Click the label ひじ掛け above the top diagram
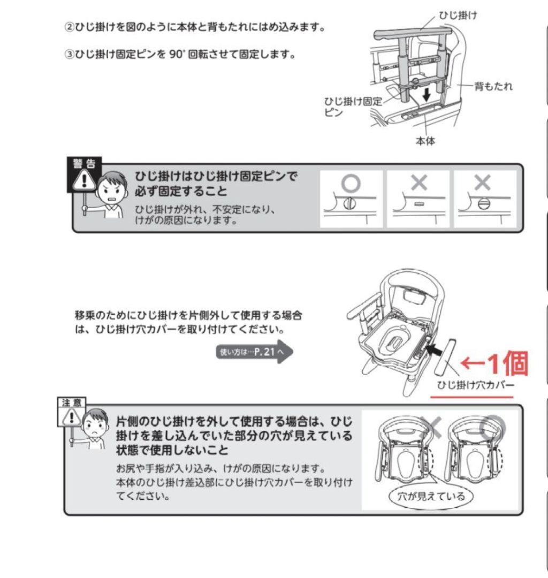(458, 15)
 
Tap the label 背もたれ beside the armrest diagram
(493, 86)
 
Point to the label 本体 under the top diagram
(425, 142)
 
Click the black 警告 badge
(84, 163)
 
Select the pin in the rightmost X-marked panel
(482, 204)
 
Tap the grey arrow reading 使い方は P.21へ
(254, 352)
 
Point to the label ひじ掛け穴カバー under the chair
(475, 385)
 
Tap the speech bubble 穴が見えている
(427, 496)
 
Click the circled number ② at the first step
(69, 27)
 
